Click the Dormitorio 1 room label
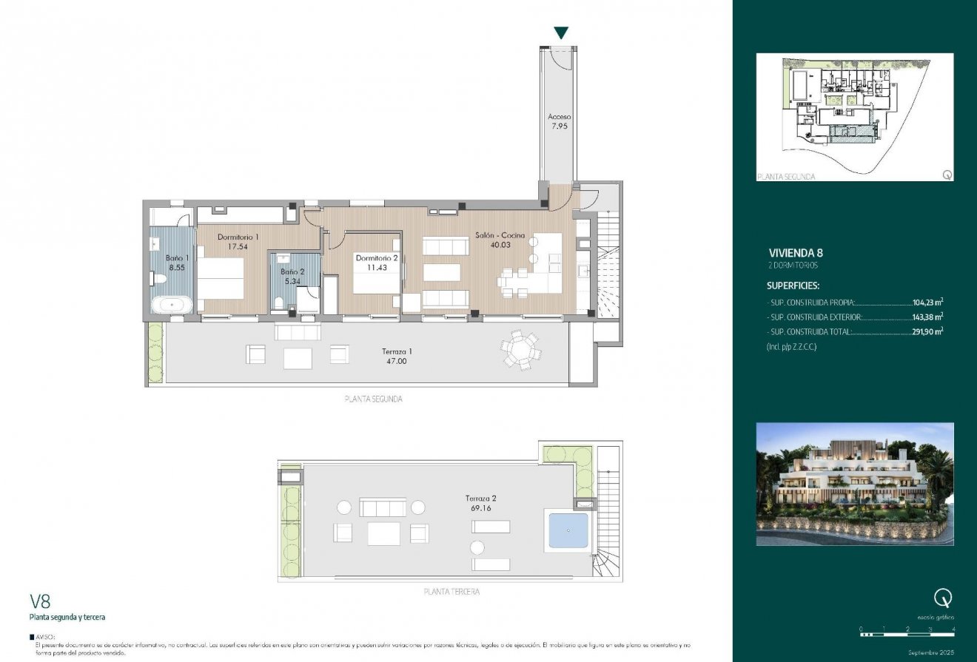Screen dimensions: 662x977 [238, 237]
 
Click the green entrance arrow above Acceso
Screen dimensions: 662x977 [562, 33]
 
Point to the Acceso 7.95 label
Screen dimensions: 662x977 [560, 121]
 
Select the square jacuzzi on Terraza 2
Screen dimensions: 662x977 [568, 530]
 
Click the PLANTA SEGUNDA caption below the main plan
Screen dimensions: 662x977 [374, 399]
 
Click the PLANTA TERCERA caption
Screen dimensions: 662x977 [451, 592]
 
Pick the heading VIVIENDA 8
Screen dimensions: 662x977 [796, 251]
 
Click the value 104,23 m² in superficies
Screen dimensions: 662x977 [927, 303]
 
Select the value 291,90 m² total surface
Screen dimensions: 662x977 [927, 332]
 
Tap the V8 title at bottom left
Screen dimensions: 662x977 [40, 601]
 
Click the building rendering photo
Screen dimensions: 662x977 [855, 484]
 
